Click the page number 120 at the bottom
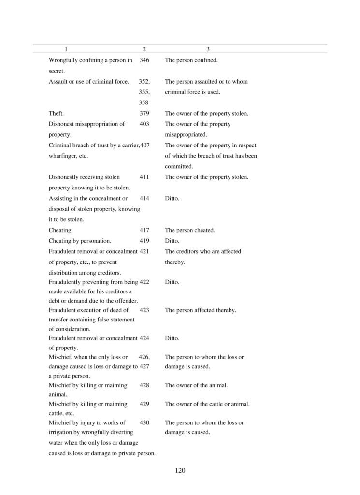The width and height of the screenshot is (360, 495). pyautogui.click(x=180, y=470)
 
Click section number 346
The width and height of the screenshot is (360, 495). pyautogui.click(x=144, y=60)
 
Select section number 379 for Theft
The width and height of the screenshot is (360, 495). pyautogui.click(x=144, y=114)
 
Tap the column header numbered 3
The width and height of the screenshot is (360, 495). pyautogui.click(x=208, y=49)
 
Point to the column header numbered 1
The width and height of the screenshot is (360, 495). pyautogui.click(x=66, y=49)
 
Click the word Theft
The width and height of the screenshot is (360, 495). pyautogui.click(x=56, y=114)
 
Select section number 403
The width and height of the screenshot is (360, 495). pyautogui.click(x=144, y=124)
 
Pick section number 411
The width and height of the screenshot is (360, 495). pyautogui.click(x=144, y=177)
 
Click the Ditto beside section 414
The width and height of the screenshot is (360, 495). pyautogui.click(x=172, y=199)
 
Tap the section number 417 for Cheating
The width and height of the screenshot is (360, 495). pyautogui.click(x=144, y=231)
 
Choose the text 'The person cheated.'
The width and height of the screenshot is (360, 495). pyautogui.click(x=190, y=231)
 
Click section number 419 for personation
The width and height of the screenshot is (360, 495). pyautogui.click(x=144, y=241)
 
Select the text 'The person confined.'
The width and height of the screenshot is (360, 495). pyautogui.click(x=191, y=60)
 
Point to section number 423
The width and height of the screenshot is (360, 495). pyautogui.click(x=144, y=310)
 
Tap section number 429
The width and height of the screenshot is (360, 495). pyautogui.click(x=144, y=404)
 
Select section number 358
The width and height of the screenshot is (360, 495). pyautogui.click(x=144, y=102)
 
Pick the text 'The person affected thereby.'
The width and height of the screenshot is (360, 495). pyautogui.click(x=201, y=310)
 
